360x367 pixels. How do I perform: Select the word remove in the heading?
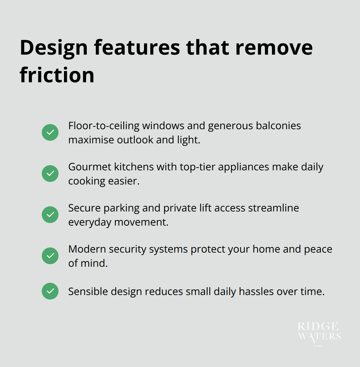274,48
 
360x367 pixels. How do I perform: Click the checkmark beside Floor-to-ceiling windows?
50,132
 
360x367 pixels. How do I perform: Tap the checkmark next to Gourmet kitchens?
50,174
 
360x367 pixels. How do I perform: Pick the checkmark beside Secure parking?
50,215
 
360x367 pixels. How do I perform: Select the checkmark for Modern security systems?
50,256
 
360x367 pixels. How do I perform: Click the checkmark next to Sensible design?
50,291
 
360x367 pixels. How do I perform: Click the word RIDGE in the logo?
318,327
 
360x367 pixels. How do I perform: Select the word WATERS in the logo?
319,336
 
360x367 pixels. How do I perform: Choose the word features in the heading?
137,48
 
